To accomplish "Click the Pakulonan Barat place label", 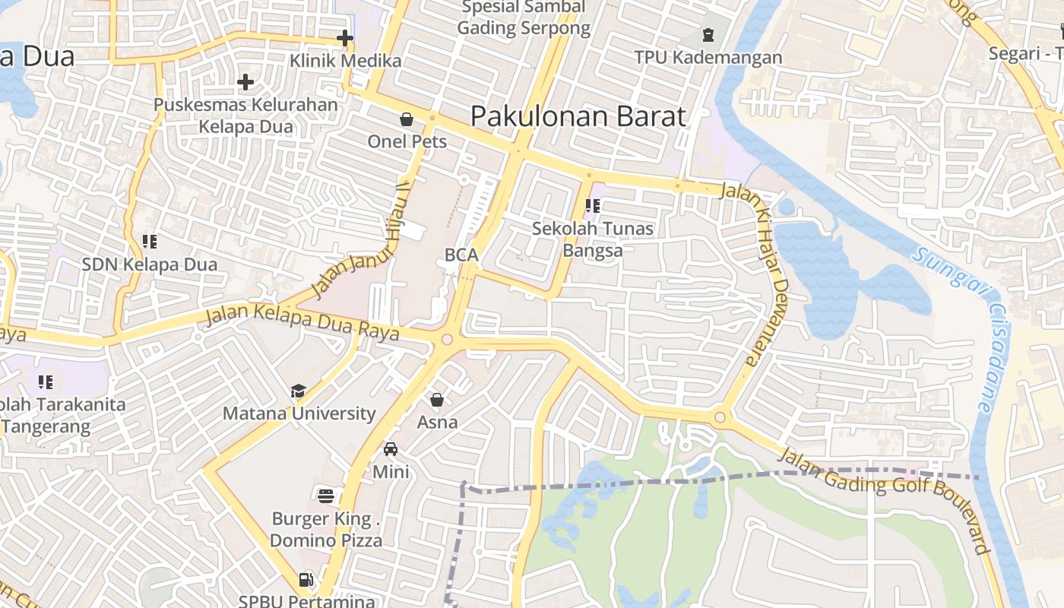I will pyautogui.click(x=578, y=116).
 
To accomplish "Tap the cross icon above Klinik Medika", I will pyautogui.click(x=345, y=37).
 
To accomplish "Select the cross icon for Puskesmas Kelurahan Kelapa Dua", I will pyautogui.click(x=245, y=81).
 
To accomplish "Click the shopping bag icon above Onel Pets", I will pyautogui.click(x=407, y=119).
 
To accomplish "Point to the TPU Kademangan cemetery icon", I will pyautogui.click(x=708, y=35).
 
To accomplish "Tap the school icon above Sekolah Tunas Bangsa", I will pyautogui.click(x=593, y=205).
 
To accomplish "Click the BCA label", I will pyautogui.click(x=461, y=255).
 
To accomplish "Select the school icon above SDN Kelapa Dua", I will pyautogui.click(x=150, y=242).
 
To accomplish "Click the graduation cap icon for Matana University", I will pyautogui.click(x=298, y=391).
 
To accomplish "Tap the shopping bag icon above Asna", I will pyautogui.click(x=437, y=400).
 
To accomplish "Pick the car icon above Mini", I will pyautogui.click(x=391, y=449).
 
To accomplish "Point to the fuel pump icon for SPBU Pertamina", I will pyautogui.click(x=306, y=580).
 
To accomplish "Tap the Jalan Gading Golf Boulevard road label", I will pyautogui.click(x=886, y=500).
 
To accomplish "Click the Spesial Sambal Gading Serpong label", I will pyautogui.click(x=524, y=17).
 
